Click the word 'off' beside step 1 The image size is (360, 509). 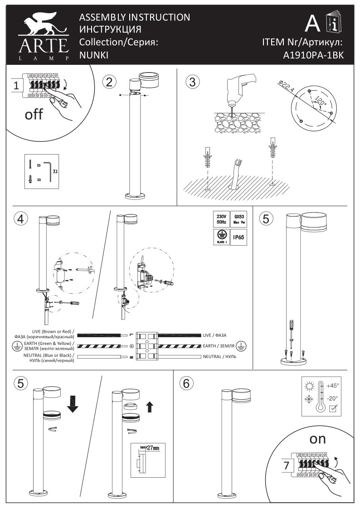coord(34,114)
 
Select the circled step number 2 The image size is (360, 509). coord(109,82)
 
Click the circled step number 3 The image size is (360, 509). coord(193,82)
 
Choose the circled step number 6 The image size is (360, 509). coord(185,383)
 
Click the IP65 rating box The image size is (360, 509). coord(239,237)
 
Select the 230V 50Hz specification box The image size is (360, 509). coord(220,219)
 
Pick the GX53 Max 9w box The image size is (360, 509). coord(239,219)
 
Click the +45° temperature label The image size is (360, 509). coord(332,385)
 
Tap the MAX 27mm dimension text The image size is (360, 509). coord(150,448)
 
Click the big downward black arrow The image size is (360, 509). coord(73,403)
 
